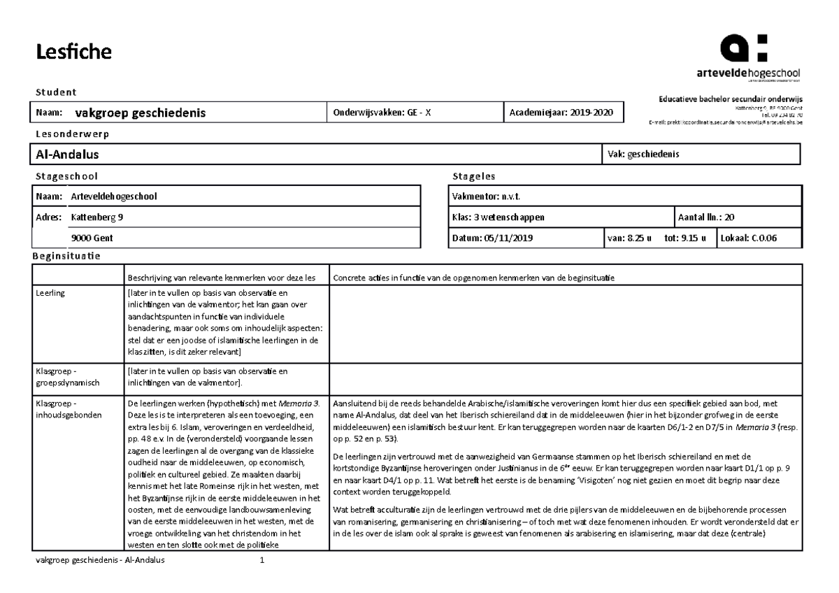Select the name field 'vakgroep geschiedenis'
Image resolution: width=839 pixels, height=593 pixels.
coord(141,113)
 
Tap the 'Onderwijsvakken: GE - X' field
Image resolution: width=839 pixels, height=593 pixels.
coord(382,113)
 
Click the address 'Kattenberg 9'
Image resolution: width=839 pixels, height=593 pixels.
coord(97,217)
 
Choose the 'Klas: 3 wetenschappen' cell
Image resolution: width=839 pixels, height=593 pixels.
coord(499,217)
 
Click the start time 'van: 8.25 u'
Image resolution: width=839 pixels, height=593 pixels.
coord(629,238)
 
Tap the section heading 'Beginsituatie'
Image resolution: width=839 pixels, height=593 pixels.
coord(66,256)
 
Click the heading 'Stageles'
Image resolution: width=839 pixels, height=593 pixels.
coord(473,176)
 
